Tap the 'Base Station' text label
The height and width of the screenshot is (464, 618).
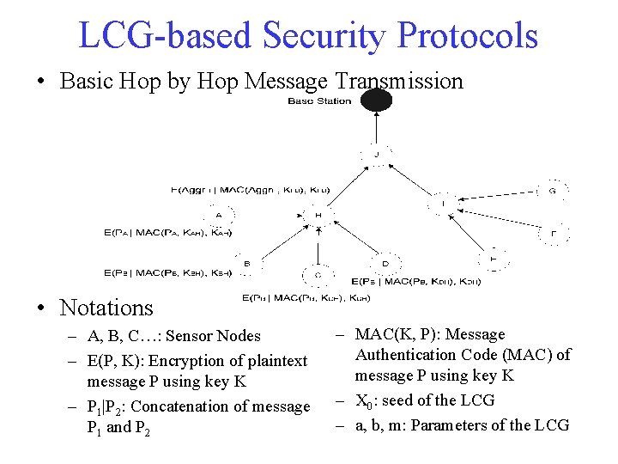[x=319, y=101]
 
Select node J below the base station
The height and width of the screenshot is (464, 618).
[x=376, y=155]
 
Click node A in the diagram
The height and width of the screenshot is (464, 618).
[x=218, y=215]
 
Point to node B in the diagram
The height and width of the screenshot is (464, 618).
[x=246, y=264]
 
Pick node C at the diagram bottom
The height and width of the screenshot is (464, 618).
[x=318, y=275]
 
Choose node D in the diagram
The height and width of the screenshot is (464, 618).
[x=385, y=263]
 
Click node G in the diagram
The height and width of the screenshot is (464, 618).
[x=552, y=191]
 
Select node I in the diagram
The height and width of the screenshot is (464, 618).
[x=444, y=204]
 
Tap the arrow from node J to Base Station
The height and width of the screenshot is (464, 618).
[x=376, y=129]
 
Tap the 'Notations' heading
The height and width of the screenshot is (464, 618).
[x=106, y=307]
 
